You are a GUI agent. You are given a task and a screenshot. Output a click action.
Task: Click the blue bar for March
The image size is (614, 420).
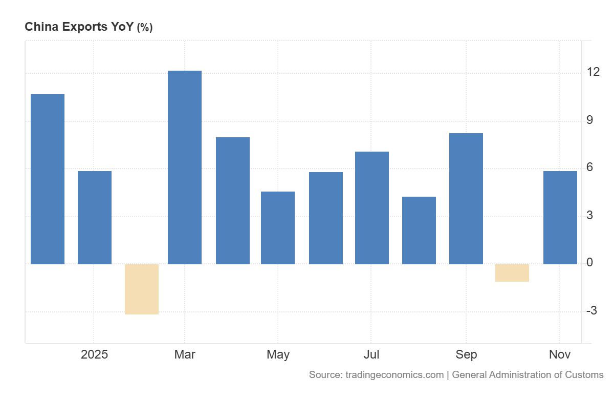[x=185, y=167]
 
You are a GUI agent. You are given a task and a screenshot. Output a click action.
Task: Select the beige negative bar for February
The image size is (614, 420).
[x=142, y=289]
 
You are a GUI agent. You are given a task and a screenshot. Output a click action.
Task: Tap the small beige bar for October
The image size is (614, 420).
[x=512, y=273]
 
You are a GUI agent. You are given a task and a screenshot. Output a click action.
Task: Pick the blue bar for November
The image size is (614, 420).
[x=560, y=218]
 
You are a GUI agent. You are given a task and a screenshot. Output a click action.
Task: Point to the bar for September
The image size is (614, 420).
[x=466, y=199]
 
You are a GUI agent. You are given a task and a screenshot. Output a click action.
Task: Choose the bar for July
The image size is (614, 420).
[x=372, y=208]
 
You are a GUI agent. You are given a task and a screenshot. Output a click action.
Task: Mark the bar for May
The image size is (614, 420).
[x=278, y=228]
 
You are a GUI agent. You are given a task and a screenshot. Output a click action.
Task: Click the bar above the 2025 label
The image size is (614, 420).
[x=95, y=218]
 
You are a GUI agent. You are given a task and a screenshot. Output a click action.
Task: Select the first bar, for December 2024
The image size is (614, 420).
[x=48, y=179]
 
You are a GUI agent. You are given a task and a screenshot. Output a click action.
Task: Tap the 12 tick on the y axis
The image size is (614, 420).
[x=594, y=72]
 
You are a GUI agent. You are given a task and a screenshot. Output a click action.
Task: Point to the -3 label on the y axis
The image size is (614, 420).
[x=593, y=310]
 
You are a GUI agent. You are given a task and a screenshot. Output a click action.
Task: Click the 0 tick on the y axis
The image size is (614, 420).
[x=590, y=263]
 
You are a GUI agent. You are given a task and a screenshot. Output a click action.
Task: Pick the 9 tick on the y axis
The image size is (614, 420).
[x=590, y=120]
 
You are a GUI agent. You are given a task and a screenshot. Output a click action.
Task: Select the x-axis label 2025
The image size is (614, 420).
[x=95, y=354]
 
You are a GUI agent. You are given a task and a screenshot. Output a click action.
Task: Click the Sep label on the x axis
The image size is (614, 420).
[x=466, y=354]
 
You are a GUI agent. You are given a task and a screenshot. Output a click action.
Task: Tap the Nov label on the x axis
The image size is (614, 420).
[x=560, y=354]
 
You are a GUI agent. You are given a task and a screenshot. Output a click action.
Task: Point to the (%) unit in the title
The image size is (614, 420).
[x=144, y=28]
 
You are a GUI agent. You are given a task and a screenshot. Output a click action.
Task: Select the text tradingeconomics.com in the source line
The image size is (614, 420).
[x=394, y=375]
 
